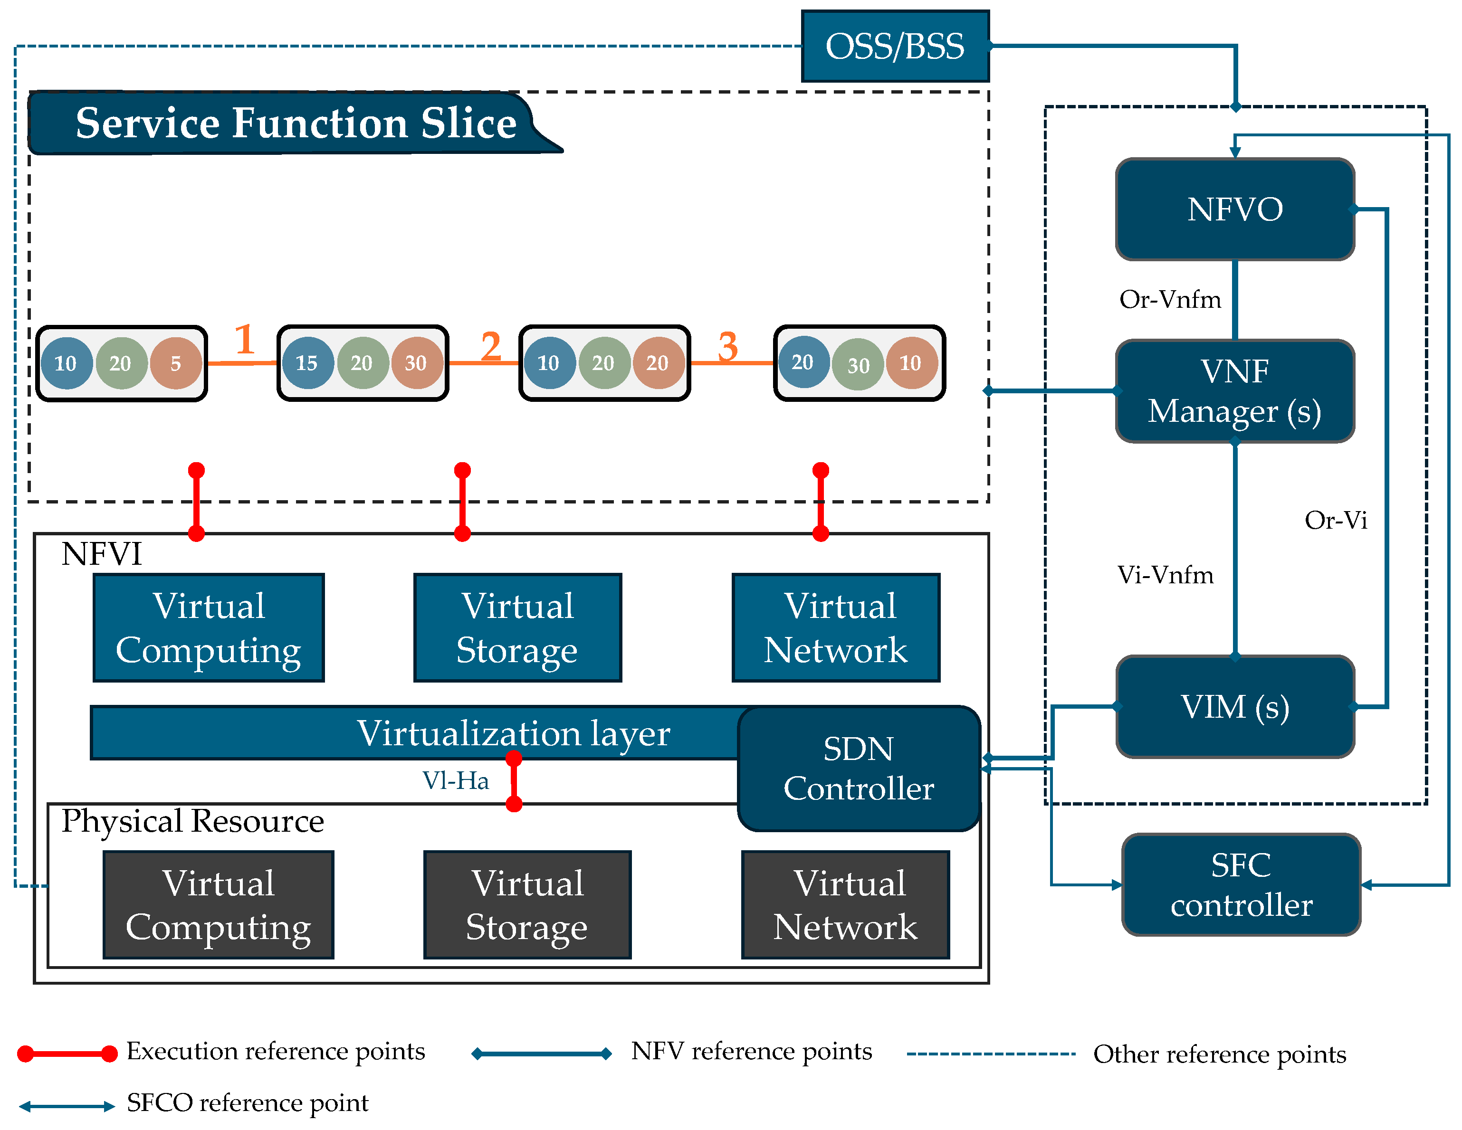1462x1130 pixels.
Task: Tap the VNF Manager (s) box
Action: click(x=1234, y=391)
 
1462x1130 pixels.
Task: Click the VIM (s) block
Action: click(x=1234, y=706)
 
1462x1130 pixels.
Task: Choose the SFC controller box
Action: click(x=1241, y=884)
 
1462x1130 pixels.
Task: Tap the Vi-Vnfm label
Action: click(x=1165, y=575)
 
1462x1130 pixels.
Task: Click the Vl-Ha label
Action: click(x=455, y=780)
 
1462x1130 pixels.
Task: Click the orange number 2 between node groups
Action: click(x=491, y=346)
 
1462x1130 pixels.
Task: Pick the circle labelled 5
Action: click(x=175, y=363)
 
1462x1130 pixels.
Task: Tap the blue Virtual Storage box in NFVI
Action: click(x=517, y=627)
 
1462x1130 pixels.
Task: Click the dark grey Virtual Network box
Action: click(x=845, y=904)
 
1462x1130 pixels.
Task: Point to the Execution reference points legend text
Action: click(x=275, y=1051)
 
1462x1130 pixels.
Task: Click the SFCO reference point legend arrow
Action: click(x=67, y=1106)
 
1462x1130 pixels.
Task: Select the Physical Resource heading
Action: click(x=193, y=821)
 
